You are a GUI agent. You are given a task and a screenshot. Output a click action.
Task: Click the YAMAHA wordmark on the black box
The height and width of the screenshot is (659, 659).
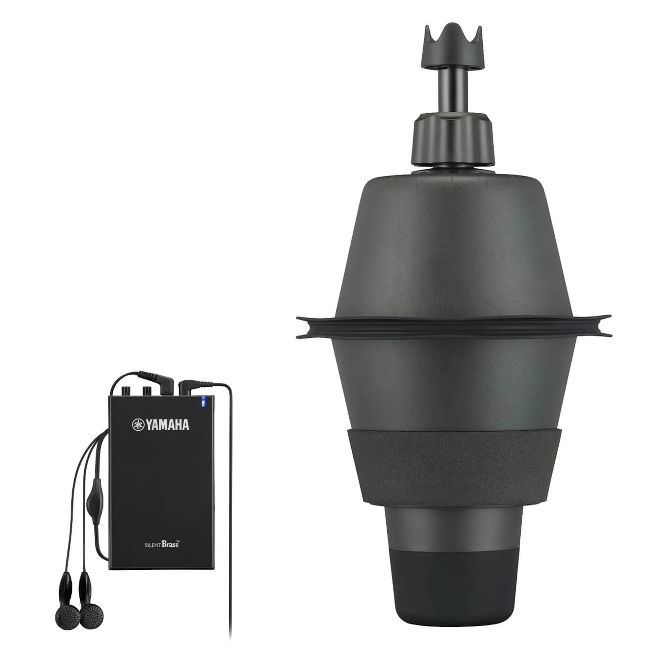pyautogui.click(x=167, y=425)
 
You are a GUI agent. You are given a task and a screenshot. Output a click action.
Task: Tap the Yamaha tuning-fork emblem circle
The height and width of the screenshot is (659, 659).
pyautogui.click(x=138, y=425)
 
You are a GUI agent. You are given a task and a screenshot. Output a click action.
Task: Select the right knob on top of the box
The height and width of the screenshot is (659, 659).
pyautogui.click(x=147, y=389)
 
